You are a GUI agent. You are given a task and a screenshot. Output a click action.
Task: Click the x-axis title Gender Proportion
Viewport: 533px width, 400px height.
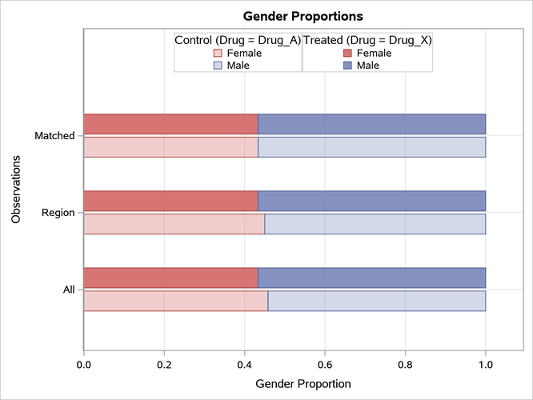303,384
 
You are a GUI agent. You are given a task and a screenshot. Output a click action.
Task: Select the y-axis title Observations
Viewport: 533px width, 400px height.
16,190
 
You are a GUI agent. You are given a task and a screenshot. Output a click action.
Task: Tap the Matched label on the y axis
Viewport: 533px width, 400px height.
54,136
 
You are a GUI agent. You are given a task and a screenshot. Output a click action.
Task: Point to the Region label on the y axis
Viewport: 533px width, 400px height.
58,213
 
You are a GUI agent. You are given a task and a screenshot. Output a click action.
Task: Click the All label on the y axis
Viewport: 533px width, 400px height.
69,290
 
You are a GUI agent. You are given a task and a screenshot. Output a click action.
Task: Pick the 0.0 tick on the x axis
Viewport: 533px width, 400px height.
84,365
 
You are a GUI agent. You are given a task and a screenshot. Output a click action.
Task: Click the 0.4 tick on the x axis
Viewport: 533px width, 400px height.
244,365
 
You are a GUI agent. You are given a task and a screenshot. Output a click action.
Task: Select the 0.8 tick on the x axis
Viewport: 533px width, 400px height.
405,365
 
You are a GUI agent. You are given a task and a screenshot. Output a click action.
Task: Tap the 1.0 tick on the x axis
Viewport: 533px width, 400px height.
485,365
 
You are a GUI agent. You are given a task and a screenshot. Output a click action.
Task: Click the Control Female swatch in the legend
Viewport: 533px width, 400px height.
218,54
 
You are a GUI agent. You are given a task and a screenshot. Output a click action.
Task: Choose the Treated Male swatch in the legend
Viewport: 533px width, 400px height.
347,66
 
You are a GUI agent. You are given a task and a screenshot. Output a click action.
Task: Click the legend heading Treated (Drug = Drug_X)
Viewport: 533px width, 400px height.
367,39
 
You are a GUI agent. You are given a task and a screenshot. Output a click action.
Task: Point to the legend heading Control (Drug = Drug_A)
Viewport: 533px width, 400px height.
238,39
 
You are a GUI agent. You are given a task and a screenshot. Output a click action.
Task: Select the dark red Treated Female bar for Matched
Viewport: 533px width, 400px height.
170,124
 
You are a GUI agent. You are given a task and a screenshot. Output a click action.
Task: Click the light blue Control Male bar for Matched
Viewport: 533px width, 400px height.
371,147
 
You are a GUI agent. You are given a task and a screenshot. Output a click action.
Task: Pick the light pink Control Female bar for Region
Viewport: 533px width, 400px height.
174,224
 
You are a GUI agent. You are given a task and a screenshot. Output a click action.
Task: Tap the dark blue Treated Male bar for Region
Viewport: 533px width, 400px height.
371,201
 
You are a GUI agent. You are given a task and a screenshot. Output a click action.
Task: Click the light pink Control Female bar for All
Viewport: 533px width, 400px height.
175,301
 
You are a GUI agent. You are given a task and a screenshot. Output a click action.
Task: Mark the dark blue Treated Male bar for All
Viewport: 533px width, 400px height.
371,278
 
